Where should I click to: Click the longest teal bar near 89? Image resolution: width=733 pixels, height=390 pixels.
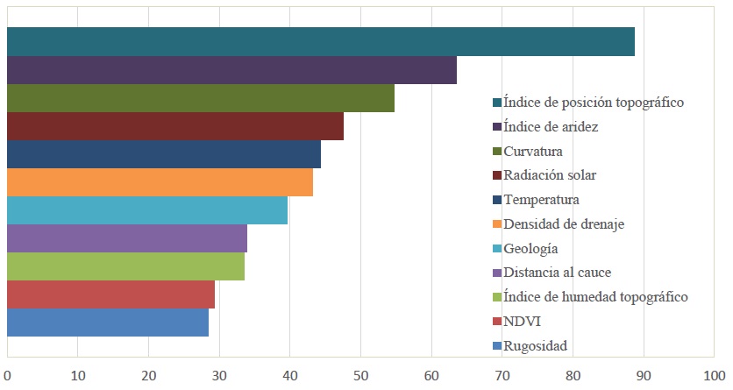[320, 42]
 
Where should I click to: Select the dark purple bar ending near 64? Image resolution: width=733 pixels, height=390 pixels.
[231, 70]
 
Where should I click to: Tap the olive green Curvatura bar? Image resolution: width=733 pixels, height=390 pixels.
[200, 98]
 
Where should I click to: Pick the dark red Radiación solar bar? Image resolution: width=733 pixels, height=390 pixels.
[175, 126]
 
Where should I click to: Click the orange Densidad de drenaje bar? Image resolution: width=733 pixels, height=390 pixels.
[160, 182]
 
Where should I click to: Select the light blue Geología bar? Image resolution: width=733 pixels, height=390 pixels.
[147, 210]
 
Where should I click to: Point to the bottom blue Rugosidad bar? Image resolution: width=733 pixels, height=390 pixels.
[108, 323]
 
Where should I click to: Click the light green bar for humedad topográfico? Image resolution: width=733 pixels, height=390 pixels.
[125, 266]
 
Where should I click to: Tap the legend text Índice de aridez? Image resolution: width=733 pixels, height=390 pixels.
[551, 127]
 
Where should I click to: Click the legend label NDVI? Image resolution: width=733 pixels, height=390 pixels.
[521, 321]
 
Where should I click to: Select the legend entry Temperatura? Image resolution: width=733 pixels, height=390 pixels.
[541, 200]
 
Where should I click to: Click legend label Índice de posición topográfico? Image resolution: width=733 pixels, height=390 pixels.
[594, 103]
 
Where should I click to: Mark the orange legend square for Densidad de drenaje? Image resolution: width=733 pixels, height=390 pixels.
[497, 224]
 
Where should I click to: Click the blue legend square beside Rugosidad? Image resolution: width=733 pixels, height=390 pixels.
[497, 345]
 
